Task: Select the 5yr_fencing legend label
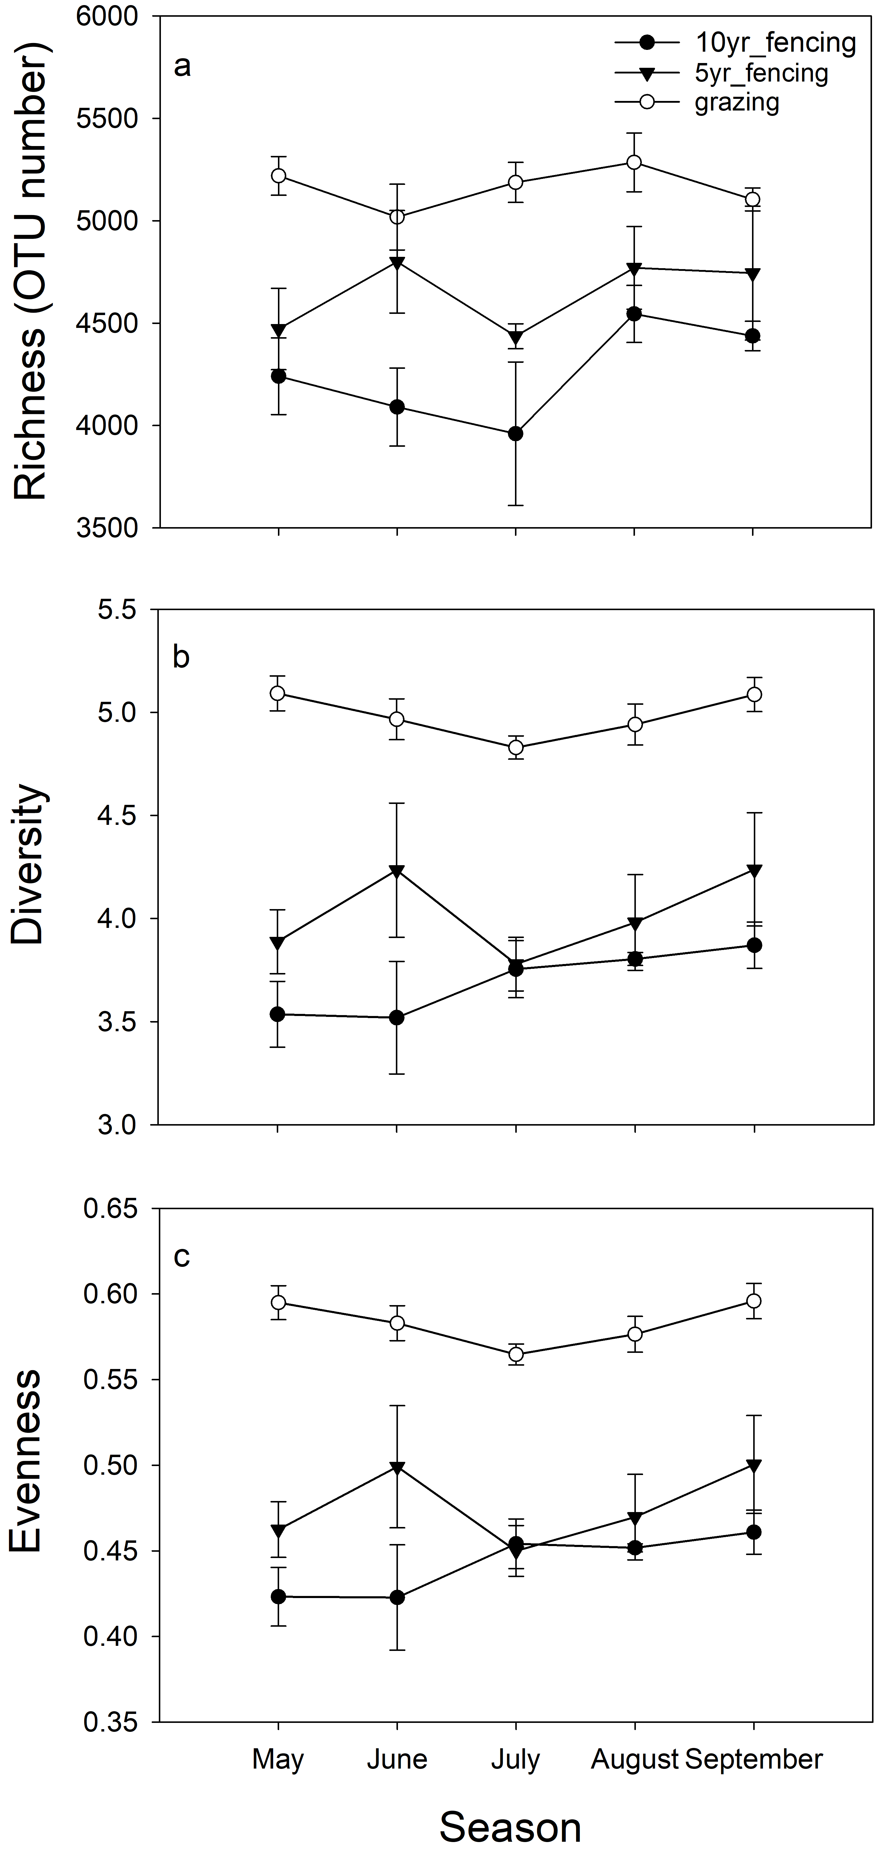click(x=762, y=73)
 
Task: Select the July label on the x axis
click(x=515, y=1760)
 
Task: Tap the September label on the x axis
click(x=753, y=1760)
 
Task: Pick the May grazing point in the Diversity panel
click(x=277, y=693)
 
